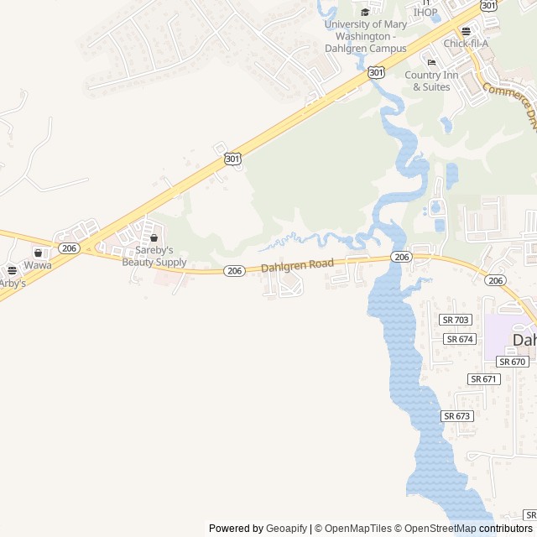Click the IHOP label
(425, 12)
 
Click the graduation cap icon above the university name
(365, 12)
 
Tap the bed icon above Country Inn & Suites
(432, 63)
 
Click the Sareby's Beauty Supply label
(154, 256)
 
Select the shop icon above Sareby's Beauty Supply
(154, 238)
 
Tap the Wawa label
(38, 265)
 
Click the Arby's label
(12, 284)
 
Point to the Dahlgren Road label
(297, 265)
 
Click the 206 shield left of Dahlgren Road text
(235, 270)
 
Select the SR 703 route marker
(456, 320)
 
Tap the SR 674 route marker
(461, 339)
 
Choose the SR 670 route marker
(512, 362)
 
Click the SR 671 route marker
(484, 379)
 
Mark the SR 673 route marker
(457, 416)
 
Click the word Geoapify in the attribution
(287, 529)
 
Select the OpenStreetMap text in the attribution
(436, 529)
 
